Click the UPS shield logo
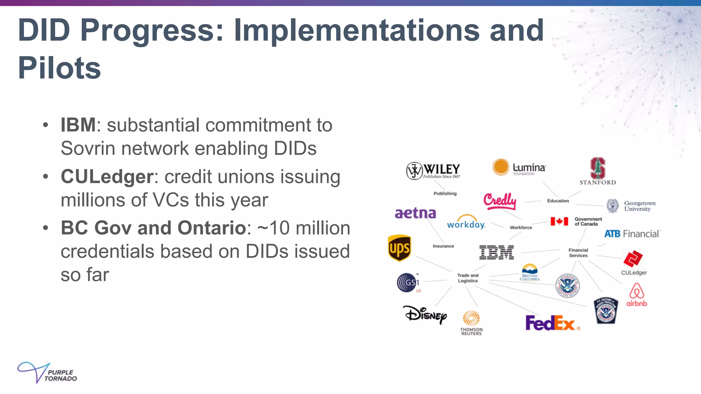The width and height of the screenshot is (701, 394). pyautogui.click(x=399, y=248)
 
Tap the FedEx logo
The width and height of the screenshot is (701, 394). pyautogui.click(x=550, y=323)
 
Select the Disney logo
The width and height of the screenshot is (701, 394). pyautogui.click(x=425, y=314)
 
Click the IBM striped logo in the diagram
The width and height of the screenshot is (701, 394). pyautogui.click(x=496, y=252)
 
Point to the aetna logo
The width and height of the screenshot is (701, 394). pyautogui.click(x=415, y=213)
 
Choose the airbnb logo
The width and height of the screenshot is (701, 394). pyautogui.click(x=637, y=294)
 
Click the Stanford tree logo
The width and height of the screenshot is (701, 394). pyautogui.click(x=598, y=168)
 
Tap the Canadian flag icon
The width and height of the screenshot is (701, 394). pyautogui.click(x=559, y=221)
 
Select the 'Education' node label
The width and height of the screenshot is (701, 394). pyautogui.click(x=558, y=201)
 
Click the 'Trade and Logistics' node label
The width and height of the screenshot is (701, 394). pyautogui.click(x=468, y=278)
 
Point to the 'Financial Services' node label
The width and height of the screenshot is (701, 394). pyautogui.click(x=578, y=253)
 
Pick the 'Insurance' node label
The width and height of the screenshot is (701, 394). pyautogui.click(x=443, y=246)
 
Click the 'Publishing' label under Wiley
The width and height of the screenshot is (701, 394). pyautogui.click(x=445, y=193)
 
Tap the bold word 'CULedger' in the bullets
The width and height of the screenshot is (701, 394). pyautogui.click(x=107, y=176)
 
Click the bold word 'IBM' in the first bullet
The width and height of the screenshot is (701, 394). pyautogui.click(x=78, y=124)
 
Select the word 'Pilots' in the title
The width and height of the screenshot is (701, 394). pyautogui.click(x=59, y=68)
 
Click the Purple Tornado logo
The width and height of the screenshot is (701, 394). pyautogui.click(x=47, y=372)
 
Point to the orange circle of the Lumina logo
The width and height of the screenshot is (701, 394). pyautogui.click(x=501, y=167)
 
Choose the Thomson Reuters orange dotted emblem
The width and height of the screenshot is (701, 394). pyautogui.click(x=471, y=318)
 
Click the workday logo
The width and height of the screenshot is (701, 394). pyautogui.click(x=466, y=222)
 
